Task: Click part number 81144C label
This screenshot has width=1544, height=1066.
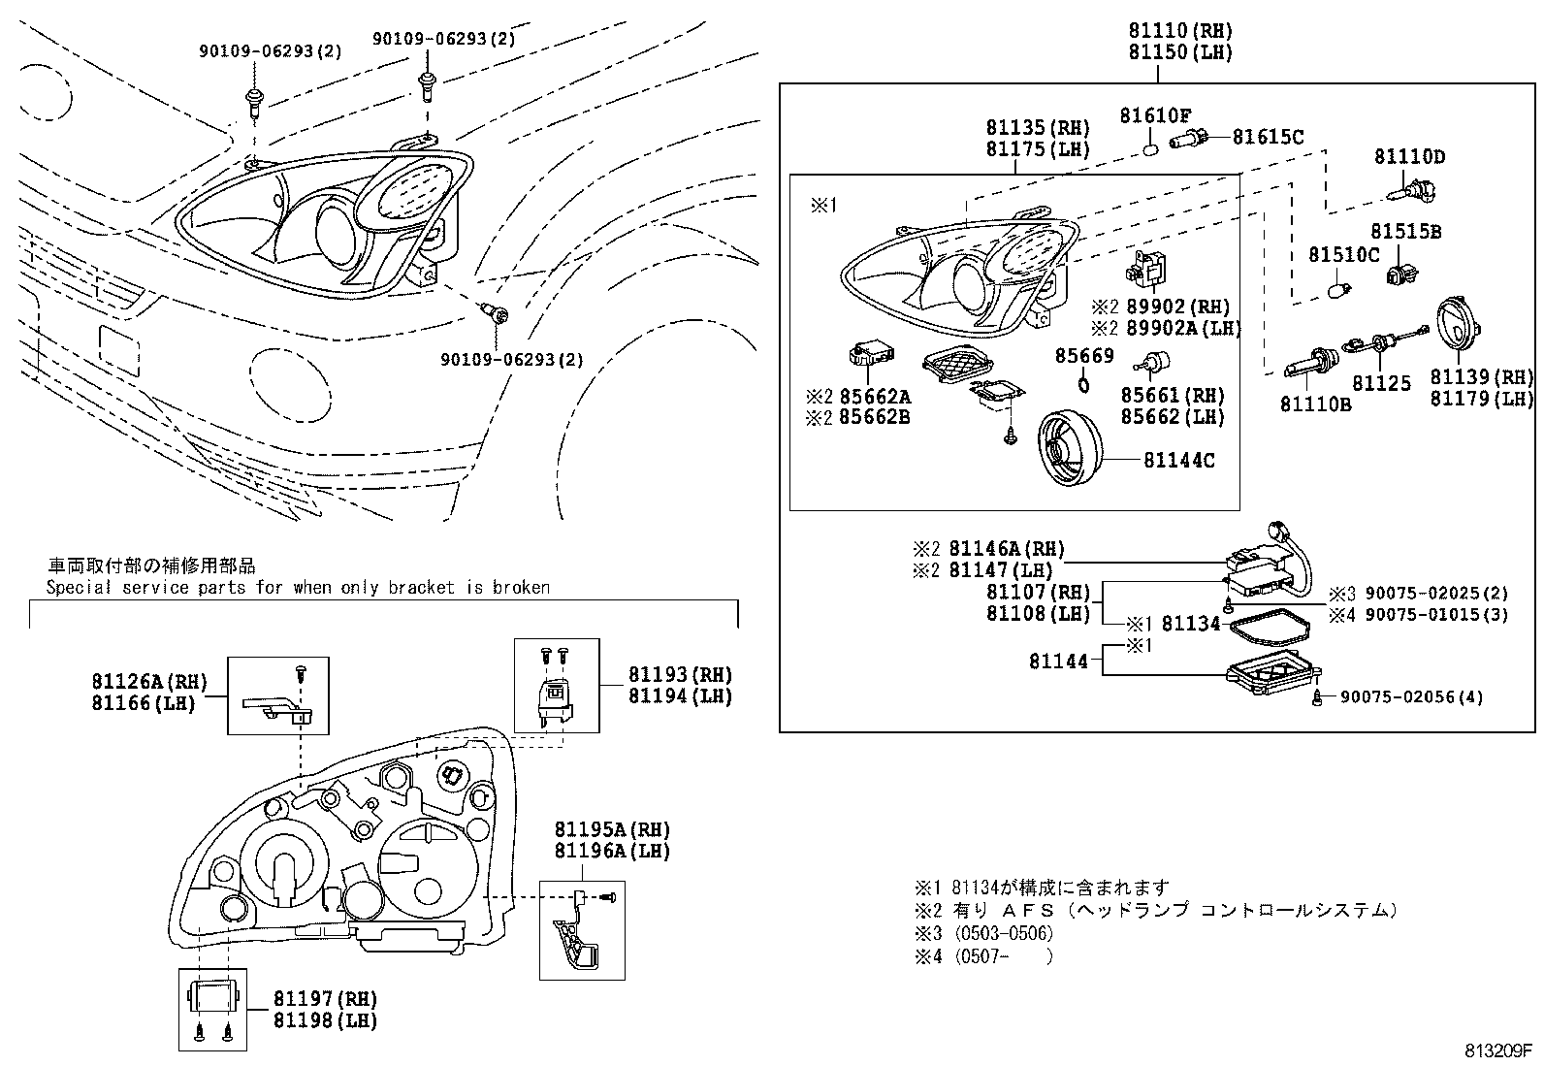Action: [1178, 461]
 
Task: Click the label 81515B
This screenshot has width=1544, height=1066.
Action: [1405, 232]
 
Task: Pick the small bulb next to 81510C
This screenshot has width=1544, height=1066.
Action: [1338, 289]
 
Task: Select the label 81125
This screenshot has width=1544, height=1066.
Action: [1382, 384]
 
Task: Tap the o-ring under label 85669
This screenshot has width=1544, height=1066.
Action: [1083, 384]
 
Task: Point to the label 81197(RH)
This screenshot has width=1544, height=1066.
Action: [324, 999]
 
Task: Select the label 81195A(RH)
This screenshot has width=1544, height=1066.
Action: [612, 829]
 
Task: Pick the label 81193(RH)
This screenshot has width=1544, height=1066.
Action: [680, 674]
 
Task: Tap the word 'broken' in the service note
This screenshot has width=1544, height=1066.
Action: [521, 588]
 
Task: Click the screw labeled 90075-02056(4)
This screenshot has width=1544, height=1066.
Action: [1318, 696]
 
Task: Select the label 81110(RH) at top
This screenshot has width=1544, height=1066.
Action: [1179, 31]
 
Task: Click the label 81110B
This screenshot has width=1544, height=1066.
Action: [1315, 404]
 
